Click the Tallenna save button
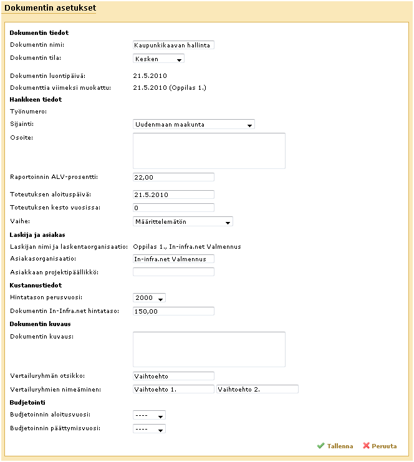click(x=335, y=446)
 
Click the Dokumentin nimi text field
click(x=174, y=45)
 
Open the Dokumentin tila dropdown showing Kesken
click(x=159, y=59)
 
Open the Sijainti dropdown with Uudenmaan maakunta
click(x=194, y=124)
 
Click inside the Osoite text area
click(x=209, y=150)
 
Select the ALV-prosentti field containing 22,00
click(x=174, y=177)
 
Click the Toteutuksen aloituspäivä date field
click(x=174, y=195)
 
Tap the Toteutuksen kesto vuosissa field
click(x=174, y=208)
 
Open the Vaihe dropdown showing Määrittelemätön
click(x=183, y=221)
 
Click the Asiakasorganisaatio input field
click(x=174, y=259)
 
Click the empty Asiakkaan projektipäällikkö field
click(x=174, y=272)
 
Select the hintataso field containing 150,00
click(x=174, y=311)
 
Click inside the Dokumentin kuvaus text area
click(x=209, y=349)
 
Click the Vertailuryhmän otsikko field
click(x=174, y=376)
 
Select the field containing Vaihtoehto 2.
click(x=258, y=389)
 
